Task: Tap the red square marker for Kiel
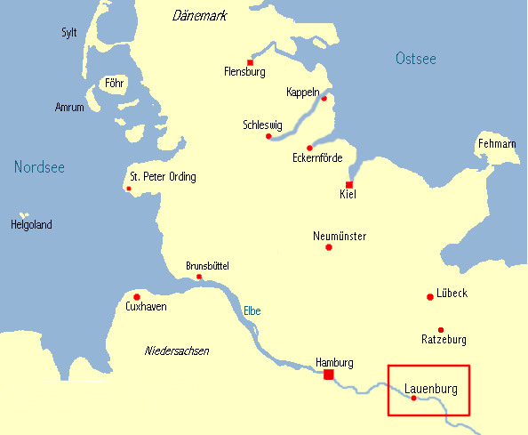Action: coord(349,184)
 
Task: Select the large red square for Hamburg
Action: coord(329,375)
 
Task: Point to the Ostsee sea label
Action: coord(416,60)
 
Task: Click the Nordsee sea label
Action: coord(39,167)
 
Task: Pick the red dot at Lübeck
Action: coord(430,296)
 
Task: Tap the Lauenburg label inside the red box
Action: coord(430,389)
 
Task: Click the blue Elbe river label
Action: coord(252,311)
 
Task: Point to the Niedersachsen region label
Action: coord(177,351)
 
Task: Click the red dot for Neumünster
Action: coord(329,247)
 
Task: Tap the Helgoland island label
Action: coord(31,225)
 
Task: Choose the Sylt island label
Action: coord(68,33)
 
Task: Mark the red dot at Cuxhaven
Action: coord(136,296)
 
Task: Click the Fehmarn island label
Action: coord(497,144)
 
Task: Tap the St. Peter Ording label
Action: coord(163,177)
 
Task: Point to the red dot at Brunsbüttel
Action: coord(199,277)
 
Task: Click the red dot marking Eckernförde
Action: coord(309,148)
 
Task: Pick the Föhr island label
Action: coord(114,85)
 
